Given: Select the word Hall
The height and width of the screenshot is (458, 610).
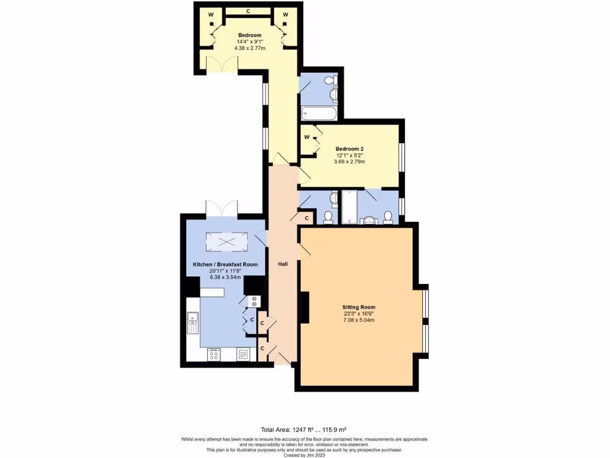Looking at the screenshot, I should click(x=283, y=264).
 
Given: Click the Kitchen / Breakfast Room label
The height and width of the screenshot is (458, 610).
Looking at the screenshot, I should click(x=225, y=264).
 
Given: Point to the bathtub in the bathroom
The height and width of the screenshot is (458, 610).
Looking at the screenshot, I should click(x=319, y=113).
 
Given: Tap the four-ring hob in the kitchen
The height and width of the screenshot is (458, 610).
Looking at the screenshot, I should click(x=213, y=354).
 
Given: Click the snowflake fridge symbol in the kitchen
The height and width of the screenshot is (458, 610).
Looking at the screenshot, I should click(x=254, y=301).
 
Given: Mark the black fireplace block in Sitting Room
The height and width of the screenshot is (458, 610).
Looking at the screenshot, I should click(x=304, y=308).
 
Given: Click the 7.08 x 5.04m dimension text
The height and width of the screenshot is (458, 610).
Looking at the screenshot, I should click(x=358, y=320).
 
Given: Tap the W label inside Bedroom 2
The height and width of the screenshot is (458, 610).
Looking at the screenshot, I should click(x=307, y=137).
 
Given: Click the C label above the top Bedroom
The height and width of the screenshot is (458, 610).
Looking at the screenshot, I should click(x=248, y=11).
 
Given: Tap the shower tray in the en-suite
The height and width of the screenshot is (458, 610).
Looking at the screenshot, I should click(x=348, y=207).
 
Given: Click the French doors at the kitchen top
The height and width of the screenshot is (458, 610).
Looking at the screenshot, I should click(x=222, y=209).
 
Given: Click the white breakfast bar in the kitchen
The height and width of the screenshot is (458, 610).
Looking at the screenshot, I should click(x=211, y=292).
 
